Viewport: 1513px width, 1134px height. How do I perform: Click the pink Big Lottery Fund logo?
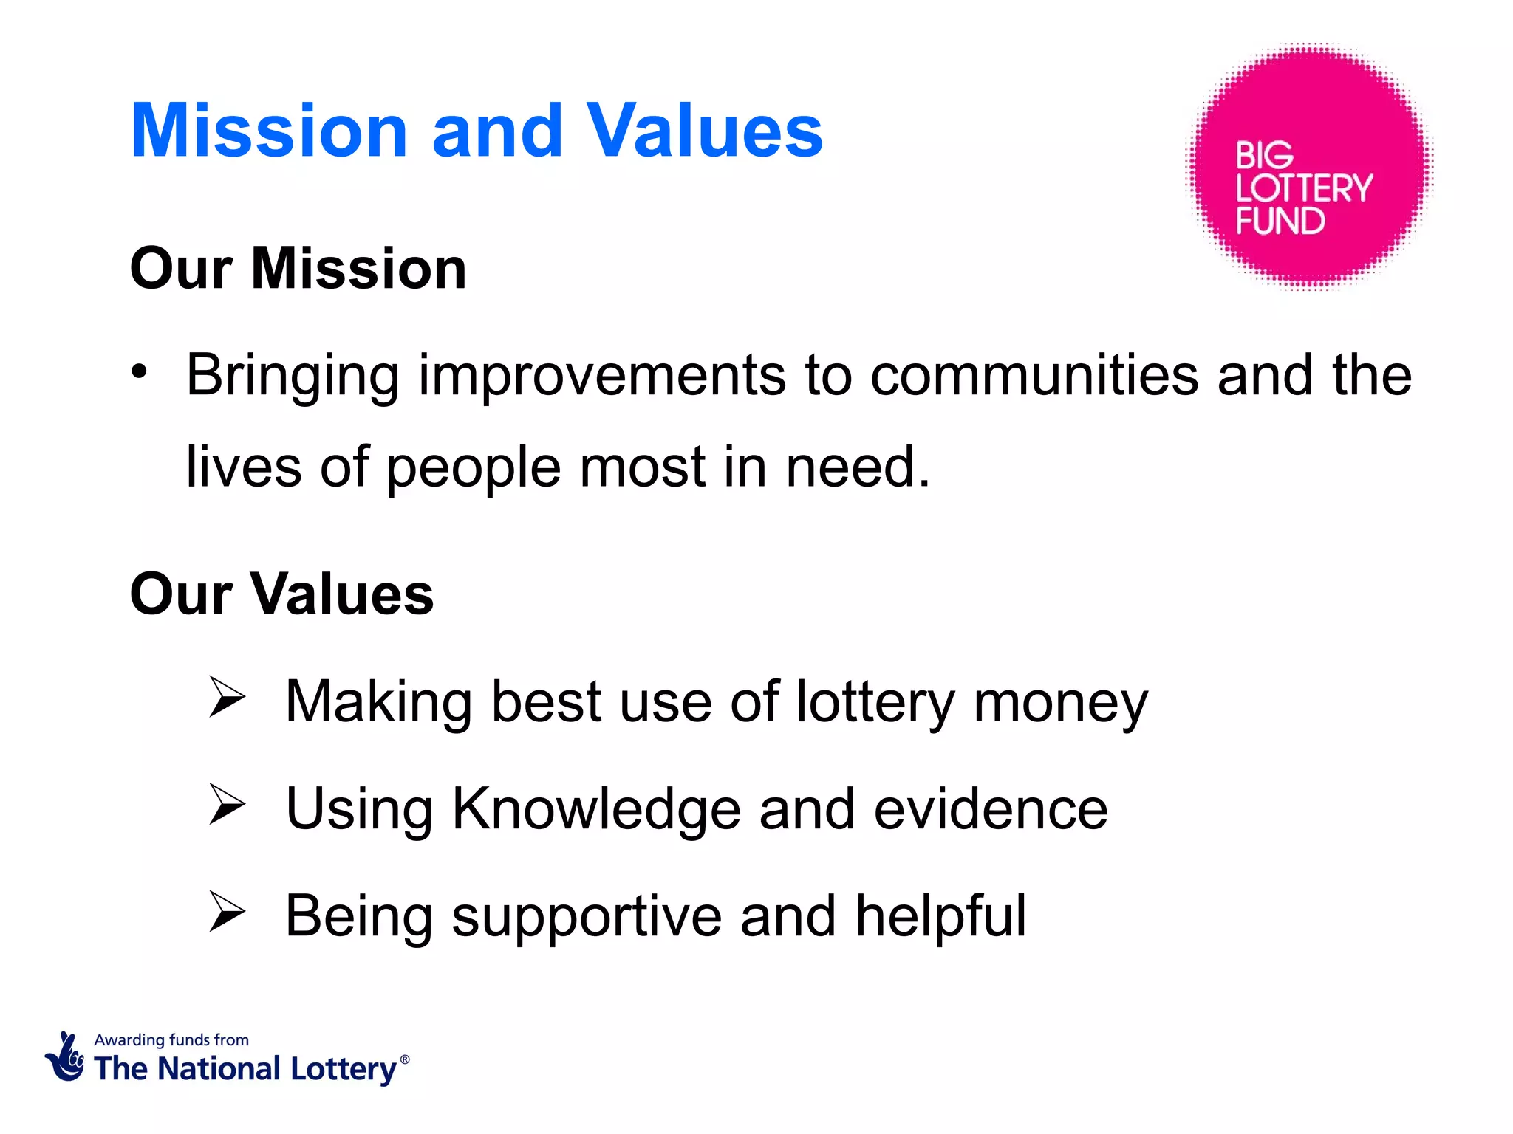(x=1308, y=166)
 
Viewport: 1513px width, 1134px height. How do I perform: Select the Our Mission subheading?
(x=298, y=268)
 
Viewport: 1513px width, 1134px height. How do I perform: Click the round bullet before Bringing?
(x=139, y=371)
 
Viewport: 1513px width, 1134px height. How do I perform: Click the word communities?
(x=1034, y=375)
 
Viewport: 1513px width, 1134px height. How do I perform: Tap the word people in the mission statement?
(x=473, y=468)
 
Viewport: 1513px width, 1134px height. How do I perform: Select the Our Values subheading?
(x=281, y=594)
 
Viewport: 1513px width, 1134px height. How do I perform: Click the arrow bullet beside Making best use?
(x=226, y=696)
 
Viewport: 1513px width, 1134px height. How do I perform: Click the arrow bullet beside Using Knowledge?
(x=226, y=803)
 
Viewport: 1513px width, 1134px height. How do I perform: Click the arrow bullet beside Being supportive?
(x=226, y=910)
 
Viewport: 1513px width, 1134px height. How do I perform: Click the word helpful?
(x=940, y=916)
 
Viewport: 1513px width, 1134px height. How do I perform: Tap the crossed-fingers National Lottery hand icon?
(x=66, y=1057)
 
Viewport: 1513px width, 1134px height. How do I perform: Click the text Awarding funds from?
(x=171, y=1039)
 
